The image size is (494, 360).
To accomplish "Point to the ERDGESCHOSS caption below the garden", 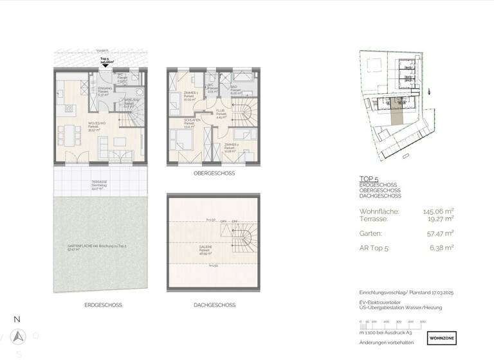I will [102, 305].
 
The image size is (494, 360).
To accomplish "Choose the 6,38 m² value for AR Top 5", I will [441, 247].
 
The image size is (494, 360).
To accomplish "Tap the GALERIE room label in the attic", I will [205, 250].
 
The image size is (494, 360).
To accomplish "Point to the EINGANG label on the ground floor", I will [103, 89].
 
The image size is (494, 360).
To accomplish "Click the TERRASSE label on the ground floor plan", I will [98, 183].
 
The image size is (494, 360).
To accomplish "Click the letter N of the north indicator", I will [17, 319].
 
